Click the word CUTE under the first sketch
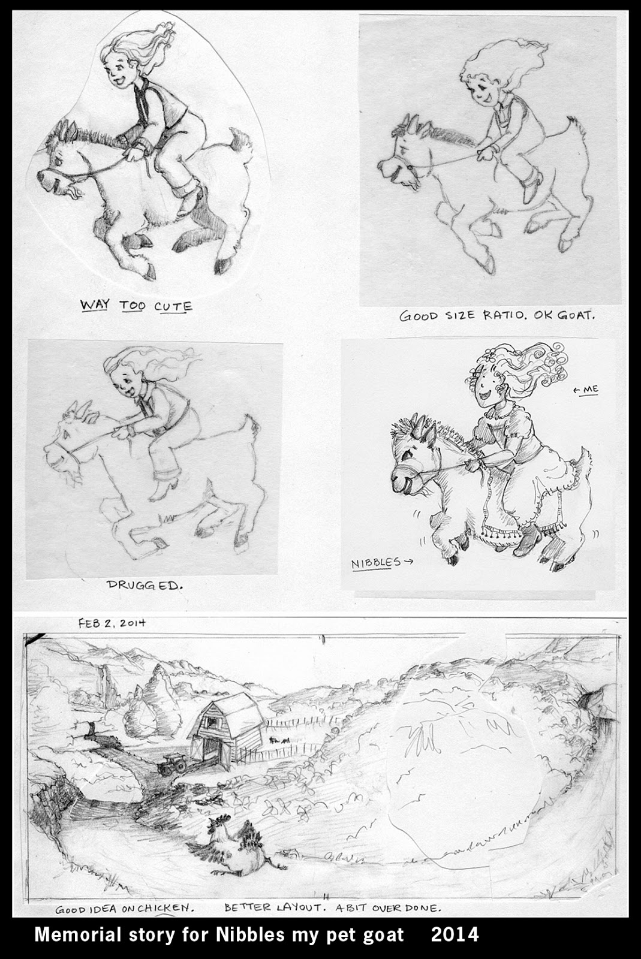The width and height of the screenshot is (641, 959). [173, 306]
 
